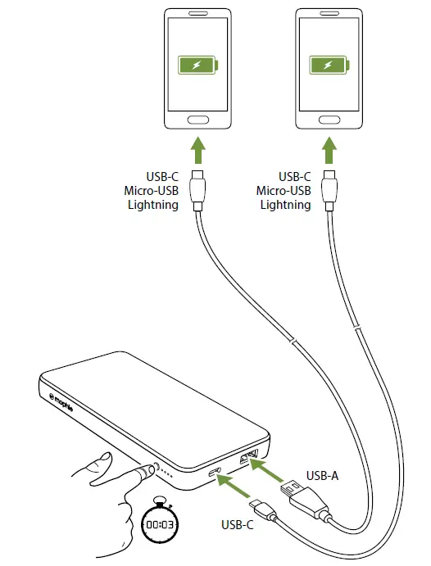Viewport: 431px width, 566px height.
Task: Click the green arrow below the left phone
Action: pos(197,152)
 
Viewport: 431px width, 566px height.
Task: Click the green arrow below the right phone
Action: pos(328,152)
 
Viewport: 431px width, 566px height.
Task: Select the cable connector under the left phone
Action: pos(197,190)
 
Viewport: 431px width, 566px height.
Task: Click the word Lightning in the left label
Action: pos(153,205)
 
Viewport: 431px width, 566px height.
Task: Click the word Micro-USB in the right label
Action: pos(284,190)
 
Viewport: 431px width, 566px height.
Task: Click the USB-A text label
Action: pos(322,474)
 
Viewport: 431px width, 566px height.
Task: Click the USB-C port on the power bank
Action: pos(215,473)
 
